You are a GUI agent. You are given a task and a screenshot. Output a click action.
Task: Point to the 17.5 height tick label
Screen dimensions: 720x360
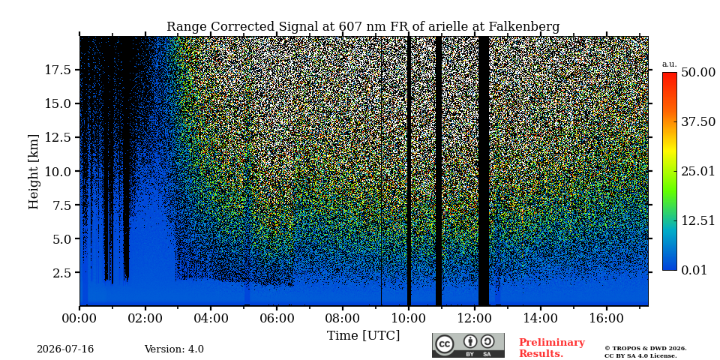pos(58,70)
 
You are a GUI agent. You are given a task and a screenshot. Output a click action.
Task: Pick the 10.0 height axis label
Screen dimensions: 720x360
pos(58,171)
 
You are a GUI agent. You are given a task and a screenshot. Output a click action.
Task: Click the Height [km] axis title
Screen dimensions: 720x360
pos(34,171)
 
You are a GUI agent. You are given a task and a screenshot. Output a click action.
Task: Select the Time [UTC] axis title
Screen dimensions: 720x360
pos(363,336)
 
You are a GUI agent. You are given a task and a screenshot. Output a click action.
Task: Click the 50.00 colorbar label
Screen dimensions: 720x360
pos(697,72)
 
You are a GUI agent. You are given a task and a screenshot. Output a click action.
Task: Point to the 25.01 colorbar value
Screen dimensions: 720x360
pos(697,172)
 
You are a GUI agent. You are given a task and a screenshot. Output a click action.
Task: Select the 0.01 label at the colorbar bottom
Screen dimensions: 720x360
pos(694,270)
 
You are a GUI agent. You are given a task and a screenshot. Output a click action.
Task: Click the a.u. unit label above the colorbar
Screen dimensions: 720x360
pos(670,64)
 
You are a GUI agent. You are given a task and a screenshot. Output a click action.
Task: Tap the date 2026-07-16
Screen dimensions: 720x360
pos(65,349)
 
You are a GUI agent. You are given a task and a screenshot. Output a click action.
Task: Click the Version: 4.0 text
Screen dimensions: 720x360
pos(174,349)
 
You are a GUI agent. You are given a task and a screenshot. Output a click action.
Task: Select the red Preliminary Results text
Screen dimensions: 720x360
pos(552,348)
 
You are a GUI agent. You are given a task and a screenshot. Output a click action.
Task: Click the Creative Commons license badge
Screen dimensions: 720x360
pos(468,345)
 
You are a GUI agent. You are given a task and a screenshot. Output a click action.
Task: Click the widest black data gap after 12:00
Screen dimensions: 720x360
pos(484,171)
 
